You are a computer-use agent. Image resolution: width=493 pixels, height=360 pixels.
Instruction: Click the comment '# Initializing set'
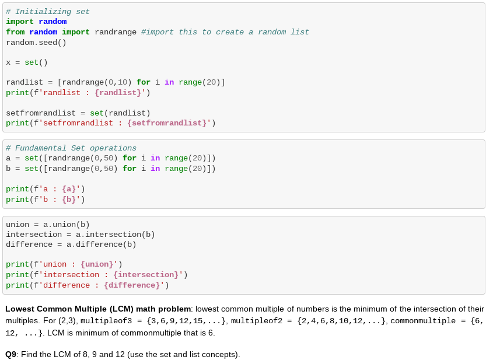(48, 12)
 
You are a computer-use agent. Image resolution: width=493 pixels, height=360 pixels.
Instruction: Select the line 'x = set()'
(27, 62)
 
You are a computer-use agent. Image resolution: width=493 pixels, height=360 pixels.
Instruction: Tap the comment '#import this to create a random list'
(225, 32)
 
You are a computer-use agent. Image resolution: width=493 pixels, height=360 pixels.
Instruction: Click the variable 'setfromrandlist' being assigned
(41, 113)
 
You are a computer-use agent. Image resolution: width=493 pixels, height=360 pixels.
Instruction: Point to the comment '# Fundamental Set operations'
(71, 148)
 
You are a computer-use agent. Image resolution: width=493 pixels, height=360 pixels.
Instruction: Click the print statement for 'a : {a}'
(46, 189)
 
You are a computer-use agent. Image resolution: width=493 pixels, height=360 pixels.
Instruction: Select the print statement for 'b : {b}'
(46, 200)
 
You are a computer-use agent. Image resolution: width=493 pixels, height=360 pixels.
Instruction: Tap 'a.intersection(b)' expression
(116, 235)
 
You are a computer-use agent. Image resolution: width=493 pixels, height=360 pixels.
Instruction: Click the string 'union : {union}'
(78, 264)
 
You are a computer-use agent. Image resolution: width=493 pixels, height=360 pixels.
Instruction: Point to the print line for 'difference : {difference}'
(88, 285)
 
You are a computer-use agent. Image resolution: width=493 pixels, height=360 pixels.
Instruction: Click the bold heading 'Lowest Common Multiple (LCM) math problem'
(98, 309)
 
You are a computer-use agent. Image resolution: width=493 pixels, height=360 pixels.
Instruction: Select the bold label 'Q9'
(11, 354)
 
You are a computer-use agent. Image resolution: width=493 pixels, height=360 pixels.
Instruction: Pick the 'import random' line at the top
(36, 22)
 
